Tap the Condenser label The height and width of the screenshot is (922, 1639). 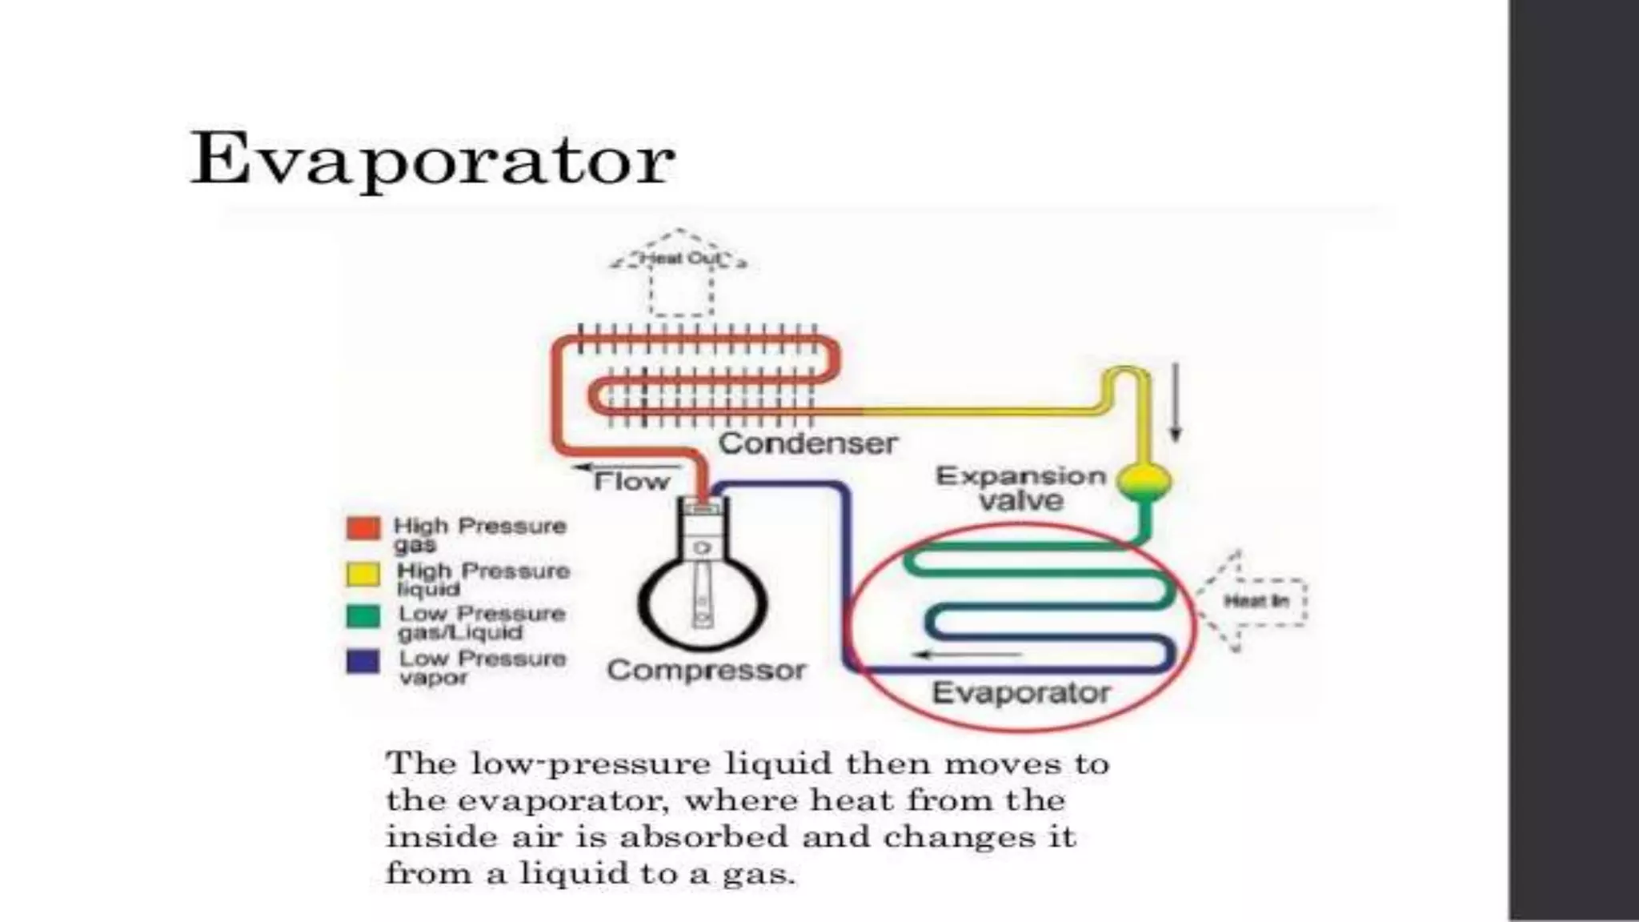coord(807,443)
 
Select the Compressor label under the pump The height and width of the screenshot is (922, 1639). coord(706,670)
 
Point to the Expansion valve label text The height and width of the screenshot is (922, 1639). coord(1021,488)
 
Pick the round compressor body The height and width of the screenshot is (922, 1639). coord(703,600)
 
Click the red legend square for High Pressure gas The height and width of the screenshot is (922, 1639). coord(363,528)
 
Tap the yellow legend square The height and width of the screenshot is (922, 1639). coord(363,573)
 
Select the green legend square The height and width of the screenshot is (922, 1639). coord(363,616)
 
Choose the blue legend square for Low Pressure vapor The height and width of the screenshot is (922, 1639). coord(363,661)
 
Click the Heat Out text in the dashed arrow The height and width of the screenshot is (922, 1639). coord(679,259)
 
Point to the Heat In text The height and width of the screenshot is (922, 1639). coord(1256,601)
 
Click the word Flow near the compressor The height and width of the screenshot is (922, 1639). coord(631,482)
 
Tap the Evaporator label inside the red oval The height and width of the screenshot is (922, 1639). coord(1021,692)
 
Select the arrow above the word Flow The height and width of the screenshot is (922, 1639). coord(627,467)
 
